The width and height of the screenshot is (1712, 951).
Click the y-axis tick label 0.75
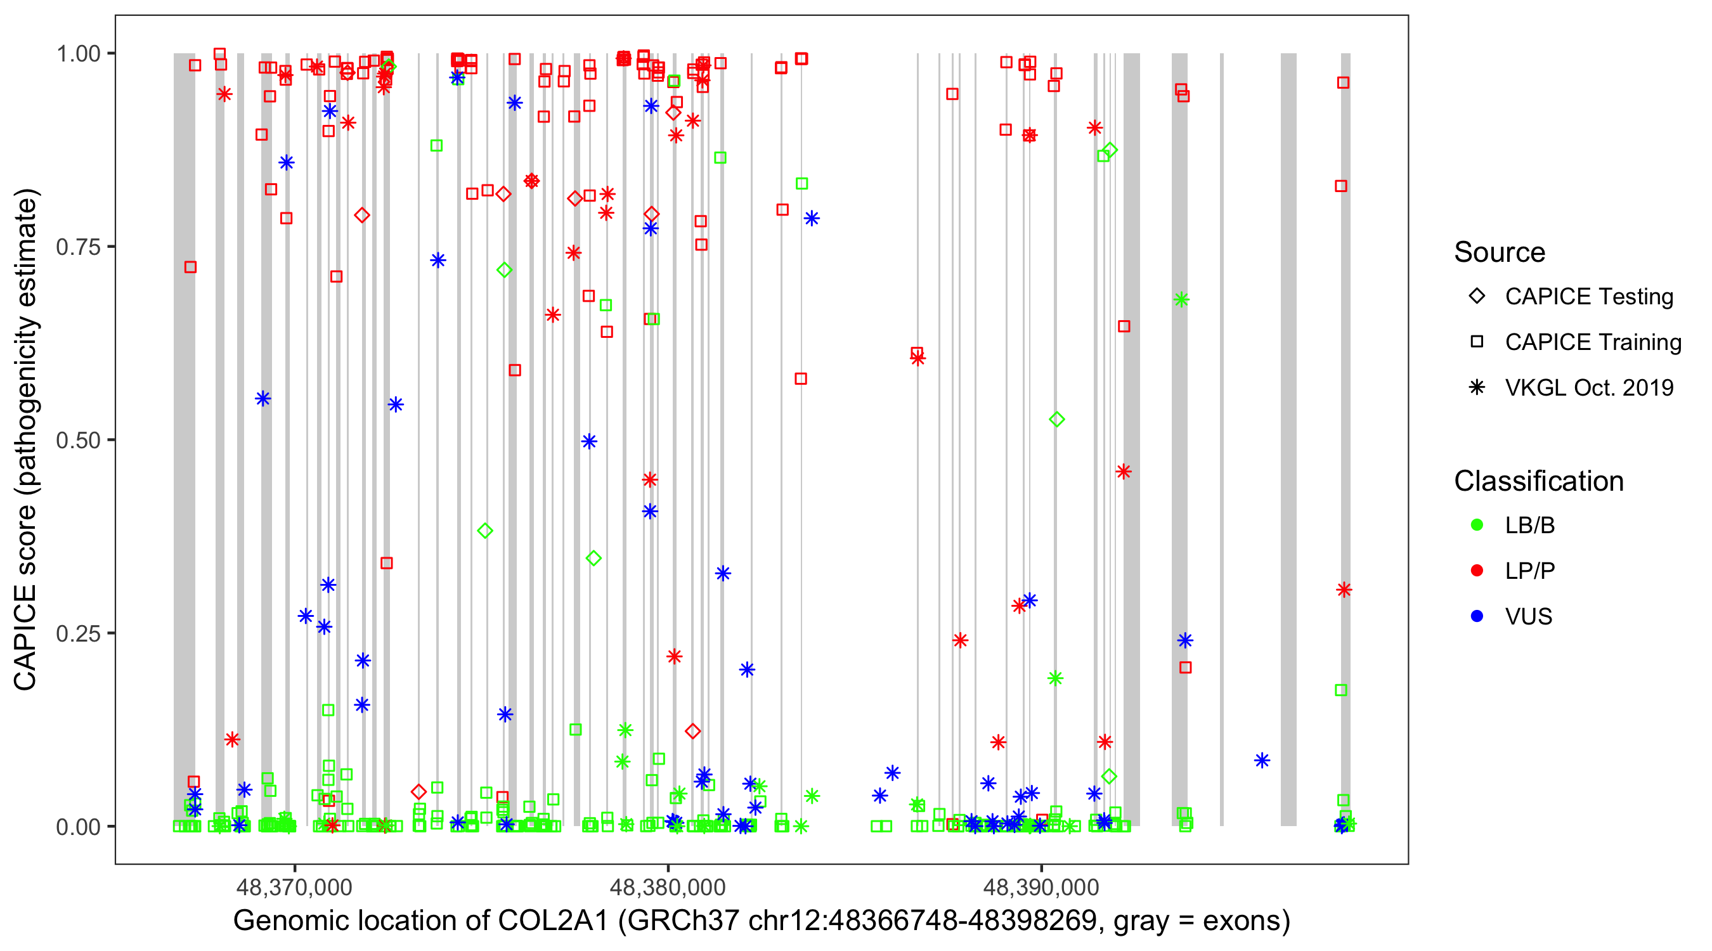coord(78,247)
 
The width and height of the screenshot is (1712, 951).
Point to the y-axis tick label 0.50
coord(78,441)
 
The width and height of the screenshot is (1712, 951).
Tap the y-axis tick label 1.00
coord(78,54)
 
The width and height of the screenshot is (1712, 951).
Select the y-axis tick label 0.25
coord(78,633)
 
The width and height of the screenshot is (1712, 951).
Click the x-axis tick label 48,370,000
coord(294,886)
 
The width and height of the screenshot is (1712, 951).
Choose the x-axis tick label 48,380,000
coord(668,886)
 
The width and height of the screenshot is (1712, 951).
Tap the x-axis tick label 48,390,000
coord(1041,886)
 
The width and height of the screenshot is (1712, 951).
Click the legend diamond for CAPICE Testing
coord(1477,297)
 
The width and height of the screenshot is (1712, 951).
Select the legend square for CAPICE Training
coord(1477,342)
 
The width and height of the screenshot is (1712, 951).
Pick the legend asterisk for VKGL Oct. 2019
coord(1477,387)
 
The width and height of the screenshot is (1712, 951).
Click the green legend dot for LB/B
coord(1477,525)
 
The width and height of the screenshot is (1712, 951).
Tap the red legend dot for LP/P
coord(1477,571)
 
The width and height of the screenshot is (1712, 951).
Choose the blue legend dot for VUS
coord(1477,616)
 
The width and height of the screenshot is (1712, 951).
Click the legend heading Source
coord(1500,252)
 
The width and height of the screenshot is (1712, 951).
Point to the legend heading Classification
coord(1538,481)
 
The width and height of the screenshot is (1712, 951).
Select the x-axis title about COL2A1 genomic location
coord(762,921)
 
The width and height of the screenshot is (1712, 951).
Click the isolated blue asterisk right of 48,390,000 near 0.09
coord(1262,760)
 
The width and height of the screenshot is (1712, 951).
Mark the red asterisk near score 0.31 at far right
coord(1344,590)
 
